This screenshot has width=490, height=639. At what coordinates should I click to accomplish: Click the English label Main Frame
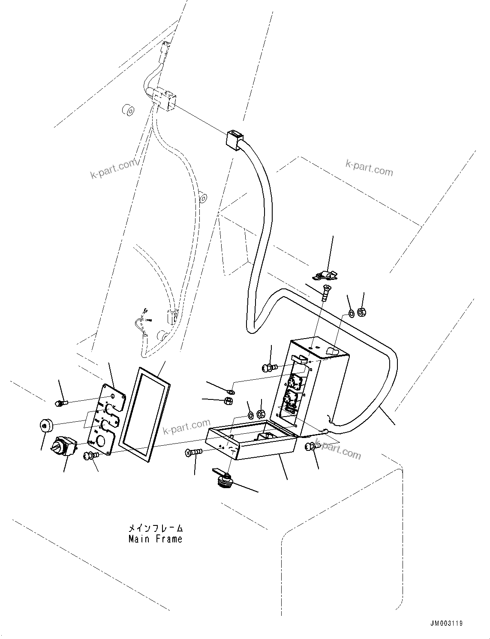click(155, 539)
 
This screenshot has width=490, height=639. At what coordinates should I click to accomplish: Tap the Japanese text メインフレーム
click(155, 528)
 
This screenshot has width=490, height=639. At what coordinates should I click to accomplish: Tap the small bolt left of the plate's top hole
click(60, 403)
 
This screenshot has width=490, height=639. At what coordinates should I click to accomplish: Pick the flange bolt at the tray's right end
click(310, 447)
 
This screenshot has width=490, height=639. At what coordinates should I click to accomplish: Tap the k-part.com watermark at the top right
click(369, 168)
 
